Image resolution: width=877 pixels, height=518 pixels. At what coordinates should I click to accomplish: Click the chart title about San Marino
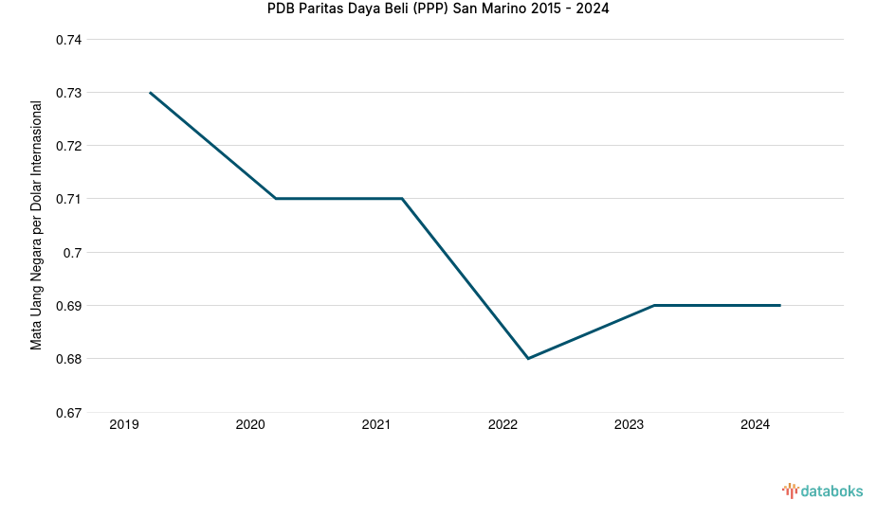coord(438,9)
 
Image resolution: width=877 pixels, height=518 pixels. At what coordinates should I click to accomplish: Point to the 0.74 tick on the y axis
coord(68,40)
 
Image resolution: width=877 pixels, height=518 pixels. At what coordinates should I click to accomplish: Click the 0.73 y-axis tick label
coord(68,93)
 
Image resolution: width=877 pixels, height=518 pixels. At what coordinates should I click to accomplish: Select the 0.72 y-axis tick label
coord(68,146)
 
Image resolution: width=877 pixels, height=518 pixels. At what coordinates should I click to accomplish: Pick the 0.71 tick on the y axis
coord(68,199)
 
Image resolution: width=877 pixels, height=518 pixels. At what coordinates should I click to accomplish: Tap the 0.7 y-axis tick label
coord(73,253)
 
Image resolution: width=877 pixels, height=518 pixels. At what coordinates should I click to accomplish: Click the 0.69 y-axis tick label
coord(68,306)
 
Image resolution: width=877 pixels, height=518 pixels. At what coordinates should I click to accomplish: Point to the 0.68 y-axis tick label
coord(68,359)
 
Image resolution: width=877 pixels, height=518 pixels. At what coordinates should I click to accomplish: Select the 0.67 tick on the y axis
coord(68,412)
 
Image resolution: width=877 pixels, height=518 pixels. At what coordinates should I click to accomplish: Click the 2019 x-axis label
coord(124,425)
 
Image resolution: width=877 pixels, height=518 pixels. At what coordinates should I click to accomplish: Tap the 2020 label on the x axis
coord(250,425)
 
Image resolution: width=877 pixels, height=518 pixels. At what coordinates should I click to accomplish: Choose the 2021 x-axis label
coord(376,425)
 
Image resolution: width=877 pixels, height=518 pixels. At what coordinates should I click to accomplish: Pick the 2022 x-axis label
coord(502,425)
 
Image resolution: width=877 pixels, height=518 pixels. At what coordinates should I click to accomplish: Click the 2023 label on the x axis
coord(629,425)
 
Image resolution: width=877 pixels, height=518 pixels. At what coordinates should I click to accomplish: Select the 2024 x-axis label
coord(755,425)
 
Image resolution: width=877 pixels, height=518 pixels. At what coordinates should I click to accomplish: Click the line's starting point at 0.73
coord(150,93)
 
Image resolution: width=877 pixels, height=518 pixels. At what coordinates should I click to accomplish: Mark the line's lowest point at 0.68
coord(528,358)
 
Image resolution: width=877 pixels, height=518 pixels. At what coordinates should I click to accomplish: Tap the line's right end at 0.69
coord(779,305)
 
